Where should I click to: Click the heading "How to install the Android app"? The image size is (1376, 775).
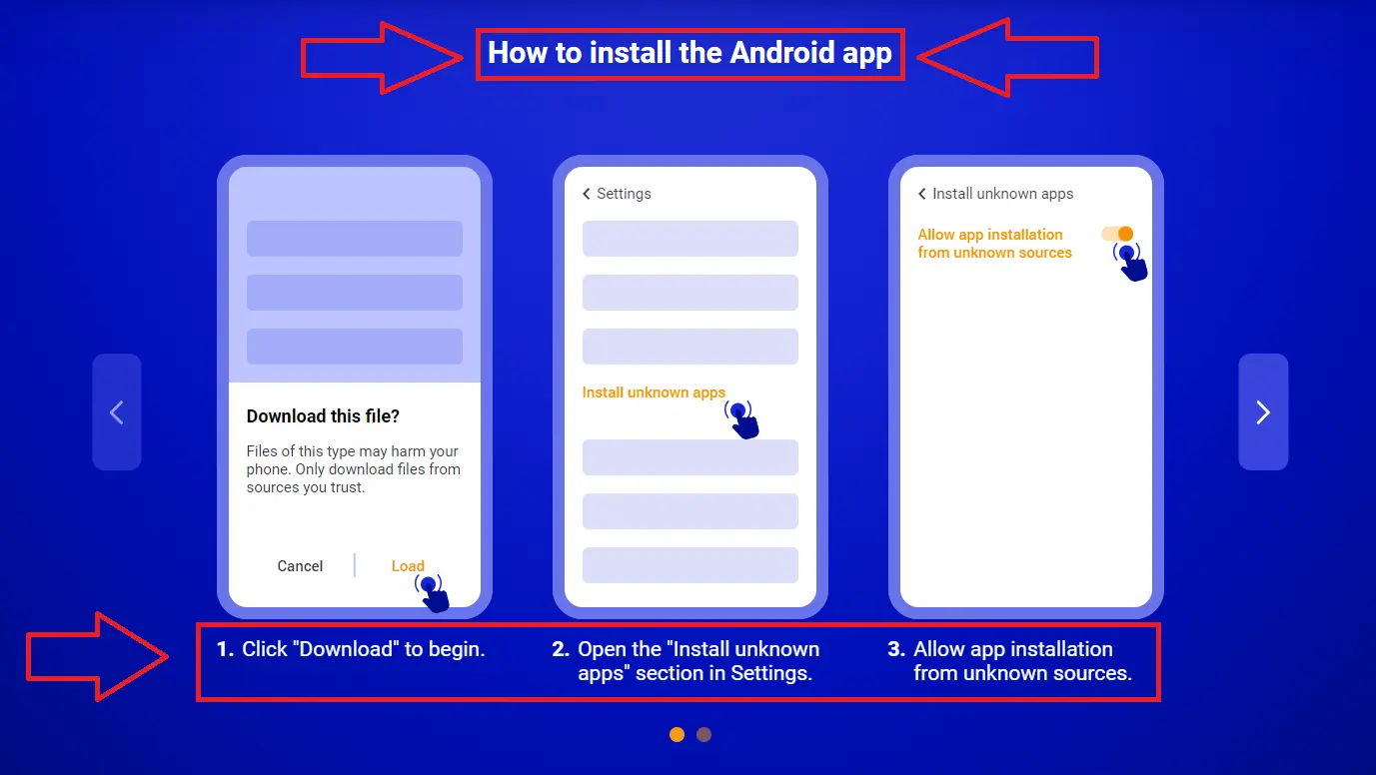click(x=689, y=53)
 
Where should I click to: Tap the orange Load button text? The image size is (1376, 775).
click(x=408, y=566)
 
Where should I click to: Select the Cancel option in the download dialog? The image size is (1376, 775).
click(x=300, y=566)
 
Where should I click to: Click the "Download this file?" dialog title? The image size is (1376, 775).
click(x=323, y=416)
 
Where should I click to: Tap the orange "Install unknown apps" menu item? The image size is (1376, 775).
click(x=654, y=392)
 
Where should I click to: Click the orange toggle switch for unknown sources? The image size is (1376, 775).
click(x=1117, y=234)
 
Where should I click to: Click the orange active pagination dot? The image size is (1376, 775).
click(x=677, y=735)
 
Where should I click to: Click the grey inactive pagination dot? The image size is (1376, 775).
click(x=703, y=735)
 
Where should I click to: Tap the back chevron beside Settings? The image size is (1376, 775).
click(x=587, y=194)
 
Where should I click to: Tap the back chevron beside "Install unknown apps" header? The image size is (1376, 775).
click(x=922, y=194)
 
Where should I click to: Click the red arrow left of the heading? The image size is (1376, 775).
click(x=380, y=58)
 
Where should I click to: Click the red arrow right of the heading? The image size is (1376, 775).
click(x=1007, y=58)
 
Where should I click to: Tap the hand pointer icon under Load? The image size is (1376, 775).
click(x=433, y=592)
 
